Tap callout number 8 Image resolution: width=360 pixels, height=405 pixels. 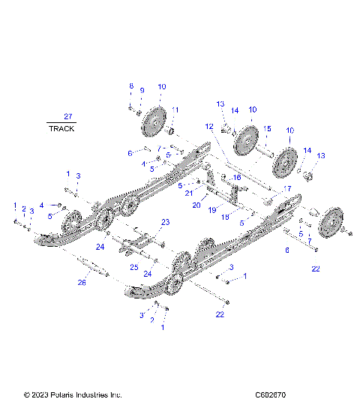click(x=131, y=85)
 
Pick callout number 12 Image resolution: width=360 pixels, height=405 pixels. click(x=209, y=126)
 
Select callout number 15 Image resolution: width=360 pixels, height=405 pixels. click(x=266, y=128)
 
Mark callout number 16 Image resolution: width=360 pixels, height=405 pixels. click(x=238, y=177)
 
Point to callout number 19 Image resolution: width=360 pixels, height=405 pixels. click(x=212, y=211)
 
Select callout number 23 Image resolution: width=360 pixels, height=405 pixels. click(x=165, y=222)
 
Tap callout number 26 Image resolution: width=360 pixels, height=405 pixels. click(x=82, y=283)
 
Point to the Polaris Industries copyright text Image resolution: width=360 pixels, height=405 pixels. click(x=73, y=394)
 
